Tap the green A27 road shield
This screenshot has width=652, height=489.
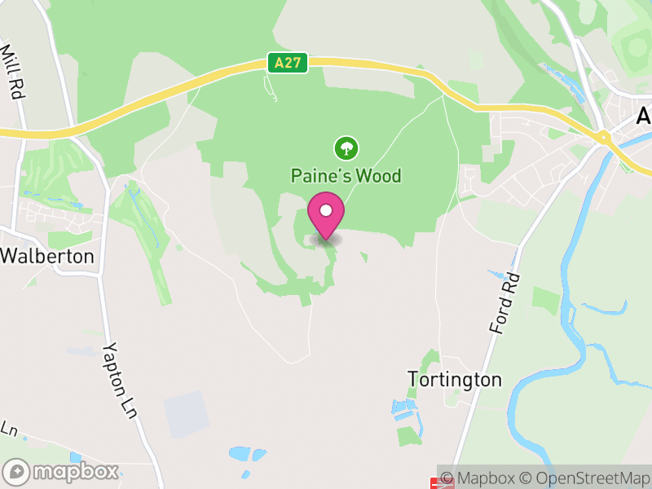pyautogui.click(x=288, y=63)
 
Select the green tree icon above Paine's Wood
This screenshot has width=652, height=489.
pyautogui.click(x=346, y=148)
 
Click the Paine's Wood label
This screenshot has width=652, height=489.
pyautogui.click(x=346, y=175)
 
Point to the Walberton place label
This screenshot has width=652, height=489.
pyautogui.click(x=46, y=256)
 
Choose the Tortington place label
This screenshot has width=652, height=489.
pyautogui.click(x=454, y=380)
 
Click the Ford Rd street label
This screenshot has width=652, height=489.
pyautogui.click(x=505, y=302)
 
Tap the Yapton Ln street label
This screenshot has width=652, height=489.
pyautogui.click(x=117, y=376)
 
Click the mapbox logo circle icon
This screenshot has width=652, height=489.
pyautogui.click(x=15, y=472)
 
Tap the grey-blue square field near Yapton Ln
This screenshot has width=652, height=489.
pyautogui.click(x=186, y=414)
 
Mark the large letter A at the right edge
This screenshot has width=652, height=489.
pyautogui.click(x=644, y=117)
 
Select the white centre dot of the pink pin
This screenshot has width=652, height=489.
pyautogui.click(x=326, y=210)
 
